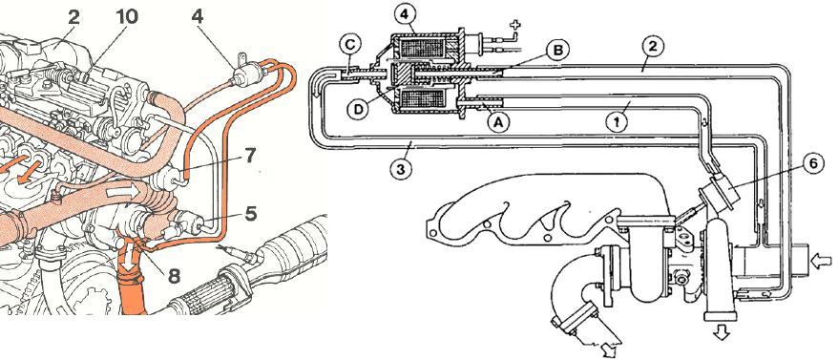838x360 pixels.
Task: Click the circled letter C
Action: pyautogui.click(x=349, y=46)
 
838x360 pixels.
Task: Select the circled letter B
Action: pyautogui.click(x=559, y=50)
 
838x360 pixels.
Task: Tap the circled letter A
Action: pyautogui.click(x=498, y=121)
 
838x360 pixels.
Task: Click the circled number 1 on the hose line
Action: pyautogui.click(x=618, y=121)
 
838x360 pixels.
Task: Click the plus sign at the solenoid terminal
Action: pyautogui.click(x=515, y=25)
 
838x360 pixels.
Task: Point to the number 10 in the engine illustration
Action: pyautogui.click(x=126, y=16)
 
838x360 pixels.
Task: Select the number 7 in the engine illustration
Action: pyautogui.click(x=249, y=157)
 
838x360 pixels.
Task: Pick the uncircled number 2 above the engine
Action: pyautogui.click(x=73, y=16)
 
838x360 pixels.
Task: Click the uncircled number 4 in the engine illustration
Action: pyautogui.click(x=198, y=16)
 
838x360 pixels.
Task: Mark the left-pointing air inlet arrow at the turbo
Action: pyautogui.click(x=821, y=262)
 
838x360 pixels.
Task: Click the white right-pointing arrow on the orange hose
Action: pyautogui.click(x=123, y=191)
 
